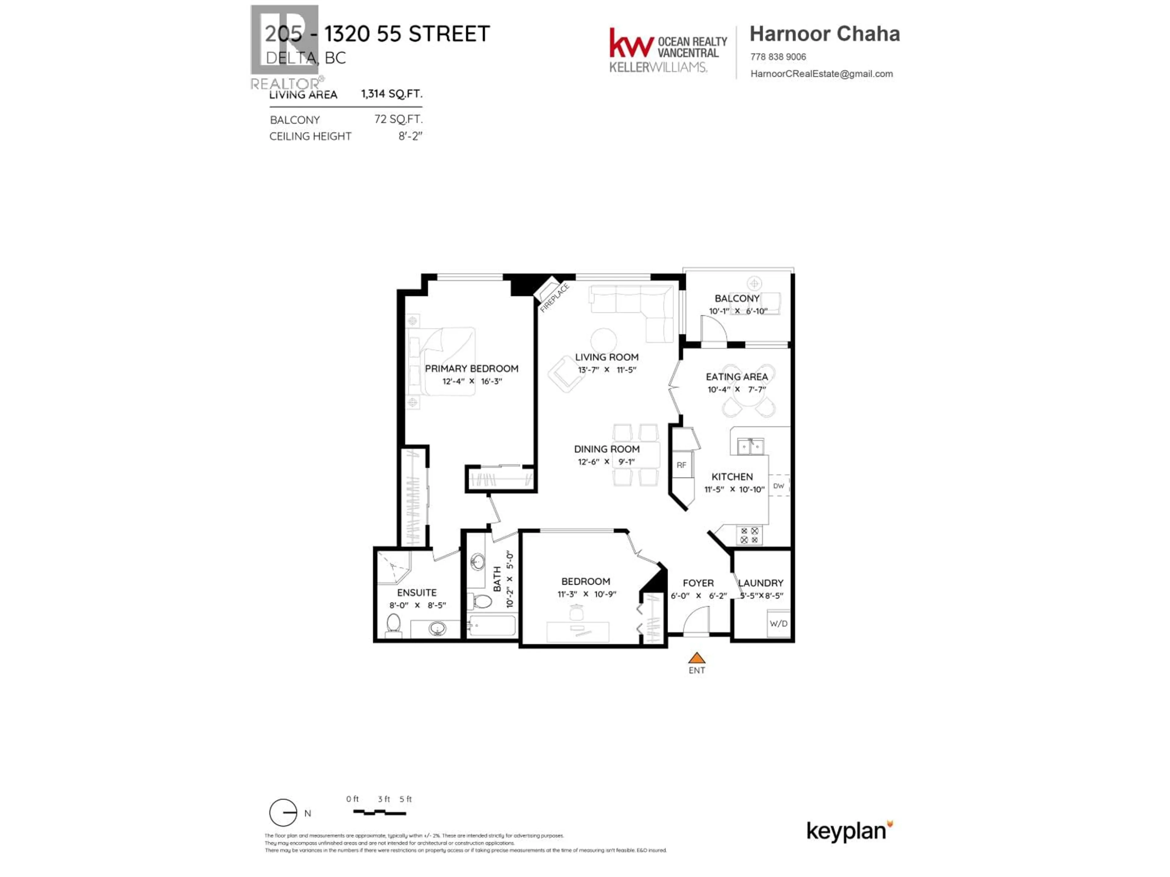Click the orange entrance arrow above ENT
(697, 658)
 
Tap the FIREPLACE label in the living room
(554, 298)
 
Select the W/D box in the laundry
(778, 624)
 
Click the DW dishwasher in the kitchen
(778, 486)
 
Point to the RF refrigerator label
(681, 465)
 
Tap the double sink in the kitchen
(750, 447)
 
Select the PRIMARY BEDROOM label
(471, 368)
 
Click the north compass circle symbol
(283, 812)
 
